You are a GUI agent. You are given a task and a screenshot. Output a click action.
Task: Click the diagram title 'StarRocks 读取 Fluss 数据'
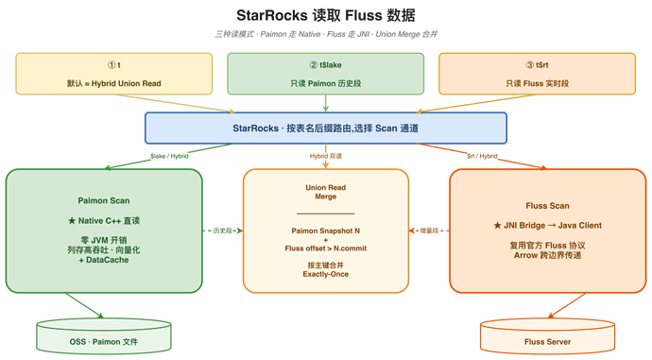[x=326, y=15]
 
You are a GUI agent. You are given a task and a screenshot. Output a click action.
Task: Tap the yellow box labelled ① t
[x=114, y=74]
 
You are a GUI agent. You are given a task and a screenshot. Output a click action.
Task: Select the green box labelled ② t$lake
[x=326, y=74]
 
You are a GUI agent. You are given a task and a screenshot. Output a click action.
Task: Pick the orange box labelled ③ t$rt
[x=538, y=74]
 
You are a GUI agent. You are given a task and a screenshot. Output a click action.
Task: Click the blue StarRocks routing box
[x=326, y=129]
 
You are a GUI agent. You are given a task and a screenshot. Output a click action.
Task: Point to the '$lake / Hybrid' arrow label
[x=169, y=156]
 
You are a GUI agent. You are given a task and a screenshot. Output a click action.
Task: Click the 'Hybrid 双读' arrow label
[x=326, y=156]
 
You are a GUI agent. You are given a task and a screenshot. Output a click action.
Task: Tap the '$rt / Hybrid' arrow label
[x=482, y=156]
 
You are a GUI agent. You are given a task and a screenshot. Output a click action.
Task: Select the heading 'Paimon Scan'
[x=104, y=200]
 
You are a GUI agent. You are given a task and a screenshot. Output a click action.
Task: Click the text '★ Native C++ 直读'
[x=104, y=221]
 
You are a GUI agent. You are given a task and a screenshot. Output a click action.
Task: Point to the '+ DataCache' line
[x=104, y=260]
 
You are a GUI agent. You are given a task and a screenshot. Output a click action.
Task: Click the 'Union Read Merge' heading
[x=326, y=192]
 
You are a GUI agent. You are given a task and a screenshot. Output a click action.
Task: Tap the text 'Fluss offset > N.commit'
[x=326, y=249]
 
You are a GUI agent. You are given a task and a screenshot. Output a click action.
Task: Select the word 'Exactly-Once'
[x=326, y=274]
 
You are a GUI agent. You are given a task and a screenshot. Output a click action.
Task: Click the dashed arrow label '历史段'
[x=222, y=231]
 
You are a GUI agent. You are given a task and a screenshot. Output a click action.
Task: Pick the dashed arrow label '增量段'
[x=429, y=231]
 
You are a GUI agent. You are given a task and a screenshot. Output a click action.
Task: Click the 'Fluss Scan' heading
[x=547, y=206]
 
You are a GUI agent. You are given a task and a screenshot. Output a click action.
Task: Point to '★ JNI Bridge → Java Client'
[x=547, y=225]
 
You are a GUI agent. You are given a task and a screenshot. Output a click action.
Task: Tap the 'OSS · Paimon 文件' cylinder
[x=104, y=335]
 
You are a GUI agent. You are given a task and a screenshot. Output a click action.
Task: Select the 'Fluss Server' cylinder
[x=547, y=335]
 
